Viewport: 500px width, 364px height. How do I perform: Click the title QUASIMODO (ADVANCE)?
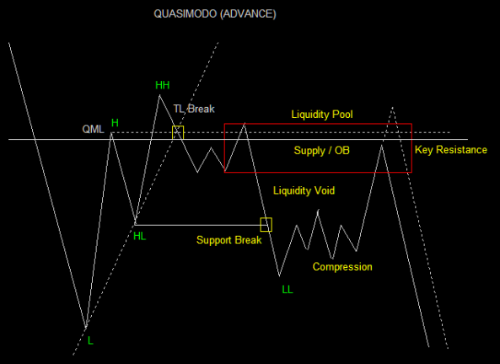click(x=215, y=13)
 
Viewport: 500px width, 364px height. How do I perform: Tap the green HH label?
click(x=162, y=85)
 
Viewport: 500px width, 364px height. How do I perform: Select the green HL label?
click(x=139, y=236)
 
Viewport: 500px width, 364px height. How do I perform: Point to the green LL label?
click(x=288, y=289)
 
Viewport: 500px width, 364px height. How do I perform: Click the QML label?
click(x=93, y=129)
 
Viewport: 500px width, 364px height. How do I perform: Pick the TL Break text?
click(x=194, y=109)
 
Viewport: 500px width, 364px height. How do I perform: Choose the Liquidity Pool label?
click(x=322, y=115)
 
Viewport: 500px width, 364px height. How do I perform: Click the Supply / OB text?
click(x=322, y=151)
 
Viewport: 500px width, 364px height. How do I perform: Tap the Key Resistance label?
click(x=451, y=150)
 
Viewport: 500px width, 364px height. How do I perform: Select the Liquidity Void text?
click(x=304, y=190)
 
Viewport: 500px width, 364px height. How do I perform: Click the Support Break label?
click(x=229, y=239)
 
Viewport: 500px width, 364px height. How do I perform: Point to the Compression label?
click(x=342, y=267)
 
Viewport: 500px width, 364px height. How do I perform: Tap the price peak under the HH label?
click(x=159, y=95)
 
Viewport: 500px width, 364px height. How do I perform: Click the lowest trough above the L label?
click(x=86, y=327)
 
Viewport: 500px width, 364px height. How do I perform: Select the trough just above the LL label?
click(x=280, y=276)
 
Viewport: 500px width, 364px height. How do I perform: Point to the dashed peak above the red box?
click(x=392, y=107)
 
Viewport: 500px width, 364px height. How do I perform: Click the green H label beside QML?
click(x=115, y=123)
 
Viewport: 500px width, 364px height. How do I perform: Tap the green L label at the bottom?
click(x=90, y=341)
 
